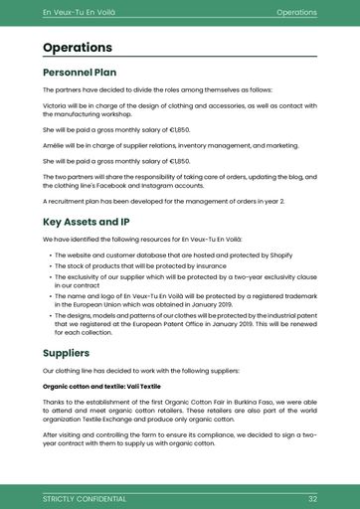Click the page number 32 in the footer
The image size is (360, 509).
click(312, 497)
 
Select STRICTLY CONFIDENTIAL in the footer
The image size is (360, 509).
click(85, 497)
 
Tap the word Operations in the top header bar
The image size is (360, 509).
click(296, 12)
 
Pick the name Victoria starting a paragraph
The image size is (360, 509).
click(56, 103)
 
